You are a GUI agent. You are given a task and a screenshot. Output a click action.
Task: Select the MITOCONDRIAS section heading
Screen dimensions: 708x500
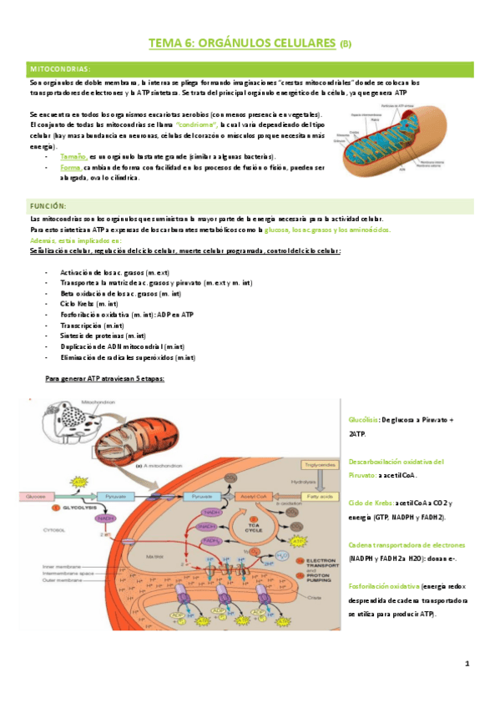click(61, 68)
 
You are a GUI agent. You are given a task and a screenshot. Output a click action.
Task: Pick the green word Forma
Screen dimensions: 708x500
click(70, 167)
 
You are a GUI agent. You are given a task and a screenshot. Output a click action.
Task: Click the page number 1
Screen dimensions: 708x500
click(467, 665)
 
